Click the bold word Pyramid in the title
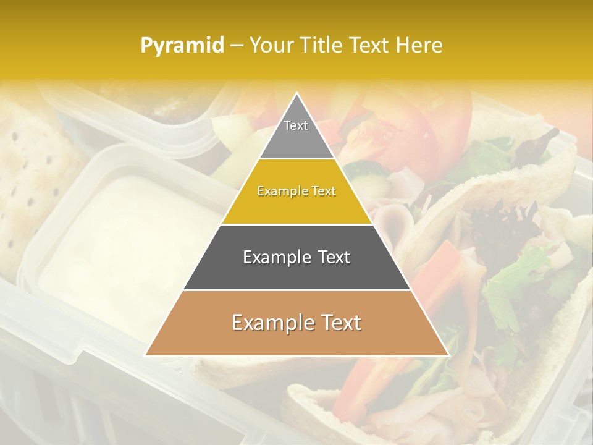[182, 46]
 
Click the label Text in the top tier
[296, 125]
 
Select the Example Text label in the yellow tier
[296, 191]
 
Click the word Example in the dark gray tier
[275, 257]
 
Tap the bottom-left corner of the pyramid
[146, 355]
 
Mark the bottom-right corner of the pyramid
[448, 355]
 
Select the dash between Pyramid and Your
[237, 46]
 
